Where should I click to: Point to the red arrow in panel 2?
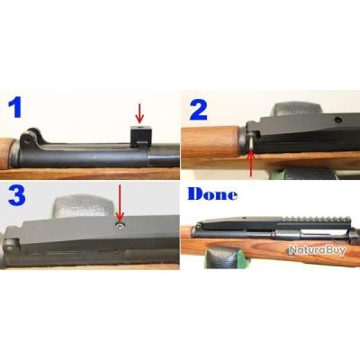[251, 162]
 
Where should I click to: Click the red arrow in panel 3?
[120, 199]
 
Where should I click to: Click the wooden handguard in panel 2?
[211, 142]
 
